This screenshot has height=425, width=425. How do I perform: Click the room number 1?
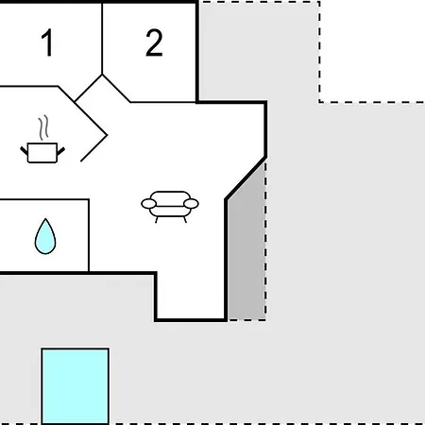[x=47, y=42]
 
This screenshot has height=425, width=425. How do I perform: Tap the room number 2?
[x=154, y=42]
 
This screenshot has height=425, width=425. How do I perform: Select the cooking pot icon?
[x=42, y=153]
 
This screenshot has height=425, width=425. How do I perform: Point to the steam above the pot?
[x=43, y=127]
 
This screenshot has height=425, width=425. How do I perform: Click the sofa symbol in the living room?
[x=170, y=206]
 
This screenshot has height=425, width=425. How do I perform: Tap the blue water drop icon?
[x=45, y=236]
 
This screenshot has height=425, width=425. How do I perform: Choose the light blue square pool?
[x=76, y=386]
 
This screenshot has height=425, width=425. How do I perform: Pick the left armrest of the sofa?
[x=148, y=204]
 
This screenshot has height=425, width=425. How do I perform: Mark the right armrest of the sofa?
[x=191, y=204]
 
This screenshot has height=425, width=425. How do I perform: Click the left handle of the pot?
[x=25, y=150]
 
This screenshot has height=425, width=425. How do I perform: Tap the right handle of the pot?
[x=61, y=151]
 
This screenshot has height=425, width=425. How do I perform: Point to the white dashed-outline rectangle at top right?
[x=372, y=51]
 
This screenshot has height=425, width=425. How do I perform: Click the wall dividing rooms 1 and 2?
[x=102, y=39]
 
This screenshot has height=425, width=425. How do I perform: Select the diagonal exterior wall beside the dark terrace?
[x=246, y=178]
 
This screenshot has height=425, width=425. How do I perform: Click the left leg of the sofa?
[x=157, y=220]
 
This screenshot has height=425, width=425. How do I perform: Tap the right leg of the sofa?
[x=185, y=220]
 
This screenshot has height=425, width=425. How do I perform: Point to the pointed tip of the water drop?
[x=45, y=218]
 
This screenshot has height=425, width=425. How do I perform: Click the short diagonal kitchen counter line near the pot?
[x=93, y=148]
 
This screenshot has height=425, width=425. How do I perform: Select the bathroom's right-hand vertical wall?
[x=89, y=235]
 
